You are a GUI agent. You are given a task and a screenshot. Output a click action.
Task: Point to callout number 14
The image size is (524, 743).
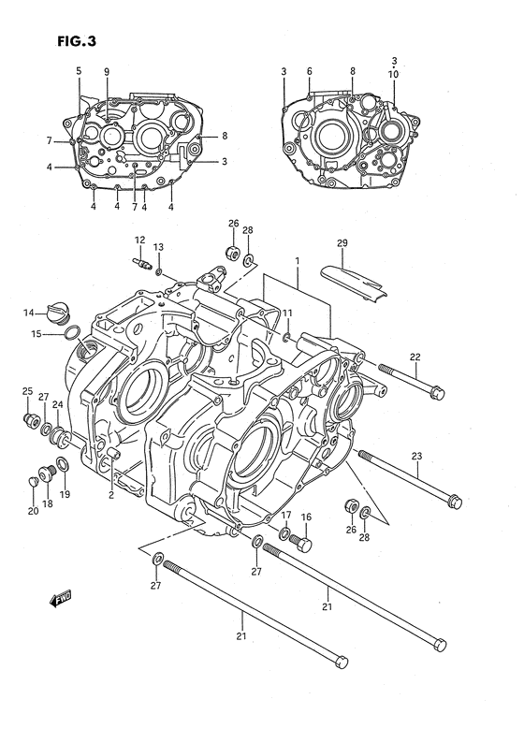pos(30,313)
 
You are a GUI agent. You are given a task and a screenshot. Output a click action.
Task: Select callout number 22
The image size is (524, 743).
pos(415,356)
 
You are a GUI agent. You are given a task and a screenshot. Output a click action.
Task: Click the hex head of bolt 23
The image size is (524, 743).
pos(454,501)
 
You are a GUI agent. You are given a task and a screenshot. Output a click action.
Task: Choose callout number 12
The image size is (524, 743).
pos(138,240)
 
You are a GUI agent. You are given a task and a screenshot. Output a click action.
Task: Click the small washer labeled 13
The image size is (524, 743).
pos(159,271)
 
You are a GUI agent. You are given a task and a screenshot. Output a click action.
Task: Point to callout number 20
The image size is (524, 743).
pos(33,510)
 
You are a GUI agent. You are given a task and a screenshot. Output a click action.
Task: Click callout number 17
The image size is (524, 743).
pos(285,516)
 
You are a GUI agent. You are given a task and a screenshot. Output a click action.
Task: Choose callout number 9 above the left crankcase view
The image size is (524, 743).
pos(107,72)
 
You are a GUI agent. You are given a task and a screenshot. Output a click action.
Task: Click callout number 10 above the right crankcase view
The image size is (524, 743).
pos(394,73)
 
